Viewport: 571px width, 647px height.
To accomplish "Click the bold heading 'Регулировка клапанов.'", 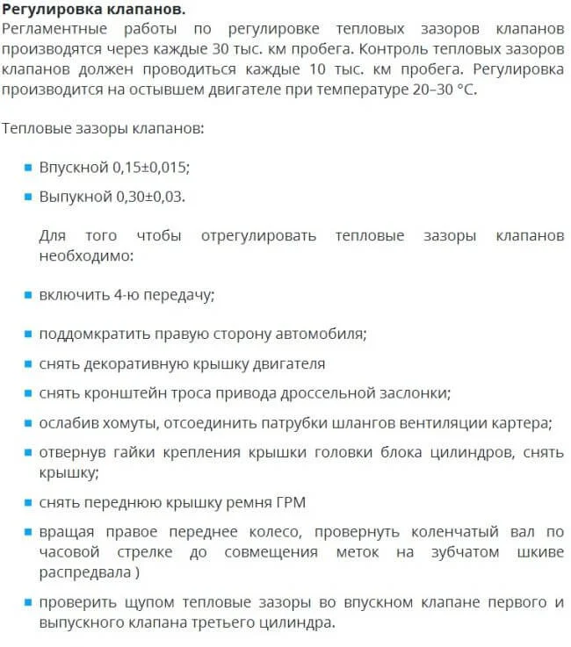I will coord(94,11).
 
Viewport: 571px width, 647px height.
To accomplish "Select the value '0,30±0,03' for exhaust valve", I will coord(150,196).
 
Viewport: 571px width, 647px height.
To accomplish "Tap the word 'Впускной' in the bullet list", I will coord(73,167).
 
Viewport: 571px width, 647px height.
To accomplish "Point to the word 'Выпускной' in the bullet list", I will coord(76,196).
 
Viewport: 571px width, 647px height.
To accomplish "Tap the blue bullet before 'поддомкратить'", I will coord(29,334).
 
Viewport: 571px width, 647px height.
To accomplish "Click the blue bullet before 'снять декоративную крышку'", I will coord(29,363).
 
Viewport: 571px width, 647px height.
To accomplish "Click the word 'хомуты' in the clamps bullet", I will coord(123,422).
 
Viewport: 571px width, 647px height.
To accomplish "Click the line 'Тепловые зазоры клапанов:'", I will coord(103,128).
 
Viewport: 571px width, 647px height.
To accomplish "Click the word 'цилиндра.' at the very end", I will coord(304,623).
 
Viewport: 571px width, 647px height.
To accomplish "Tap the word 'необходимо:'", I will coord(86,256).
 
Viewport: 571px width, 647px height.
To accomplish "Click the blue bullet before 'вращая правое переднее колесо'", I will coord(29,533).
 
